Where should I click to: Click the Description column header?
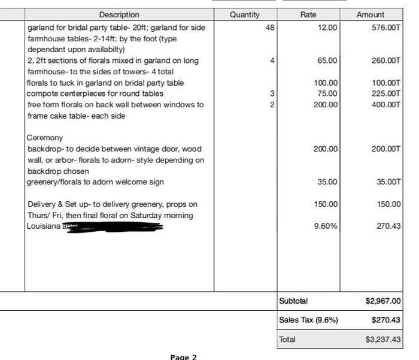(x=119, y=14)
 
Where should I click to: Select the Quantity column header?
(x=245, y=14)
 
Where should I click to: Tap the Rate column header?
(x=308, y=14)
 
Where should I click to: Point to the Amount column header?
(x=371, y=14)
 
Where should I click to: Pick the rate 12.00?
(x=327, y=28)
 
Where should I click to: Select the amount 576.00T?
(x=386, y=28)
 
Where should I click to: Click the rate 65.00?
(x=327, y=60)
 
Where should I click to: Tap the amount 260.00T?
(x=386, y=60)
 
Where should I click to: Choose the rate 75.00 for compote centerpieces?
(x=327, y=93)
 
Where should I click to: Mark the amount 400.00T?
(x=386, y=105)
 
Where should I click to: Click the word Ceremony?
(x=45, y=138)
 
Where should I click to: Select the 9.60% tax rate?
(x=326, y=226)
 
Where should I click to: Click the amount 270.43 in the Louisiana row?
(x=390, y=226)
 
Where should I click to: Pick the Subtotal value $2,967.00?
(x=383, y=301)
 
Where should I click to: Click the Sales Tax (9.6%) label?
(x=308, y=320)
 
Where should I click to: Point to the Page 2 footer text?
(x=183, y=357)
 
